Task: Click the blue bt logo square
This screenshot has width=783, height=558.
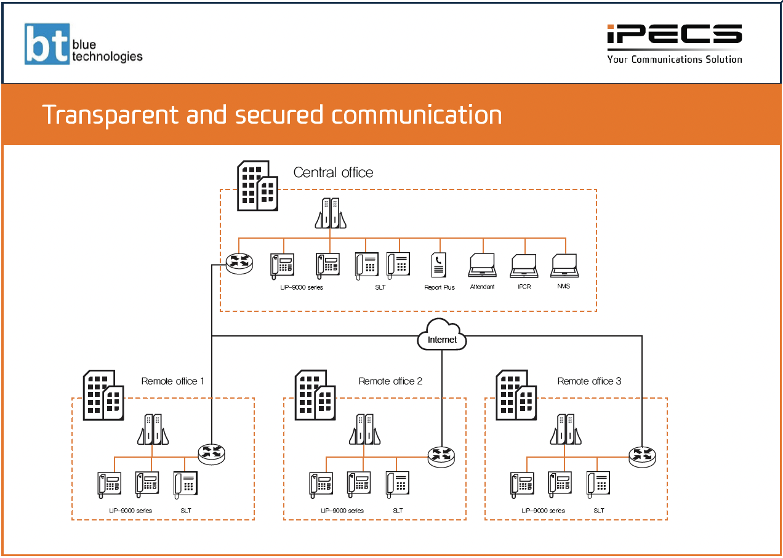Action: point(47,44)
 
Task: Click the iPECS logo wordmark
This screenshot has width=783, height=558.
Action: point(674,35)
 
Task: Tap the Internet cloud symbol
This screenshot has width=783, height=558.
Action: point(442,336)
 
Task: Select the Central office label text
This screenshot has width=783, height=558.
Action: point(333,172)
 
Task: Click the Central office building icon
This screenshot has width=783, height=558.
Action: point(257,185)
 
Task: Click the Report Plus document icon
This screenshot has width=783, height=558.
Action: point(439,265)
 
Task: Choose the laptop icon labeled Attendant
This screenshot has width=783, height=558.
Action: point(482,265)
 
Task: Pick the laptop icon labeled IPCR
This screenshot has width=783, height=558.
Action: point(524,265)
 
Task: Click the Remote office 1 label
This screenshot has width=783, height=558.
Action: point(173,381)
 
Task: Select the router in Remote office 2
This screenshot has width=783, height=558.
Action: point(442,455)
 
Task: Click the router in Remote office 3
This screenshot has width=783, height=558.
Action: point(642,455)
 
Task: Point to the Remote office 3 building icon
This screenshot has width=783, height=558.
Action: point(516,395)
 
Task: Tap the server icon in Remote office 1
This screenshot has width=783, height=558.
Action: point(153,429)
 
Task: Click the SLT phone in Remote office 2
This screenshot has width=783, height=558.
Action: point(398,483)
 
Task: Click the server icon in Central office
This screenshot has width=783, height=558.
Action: point(330,213)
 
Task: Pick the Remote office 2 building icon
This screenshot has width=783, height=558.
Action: point(315,395)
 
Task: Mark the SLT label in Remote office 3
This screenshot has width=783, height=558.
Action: point(599,511)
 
